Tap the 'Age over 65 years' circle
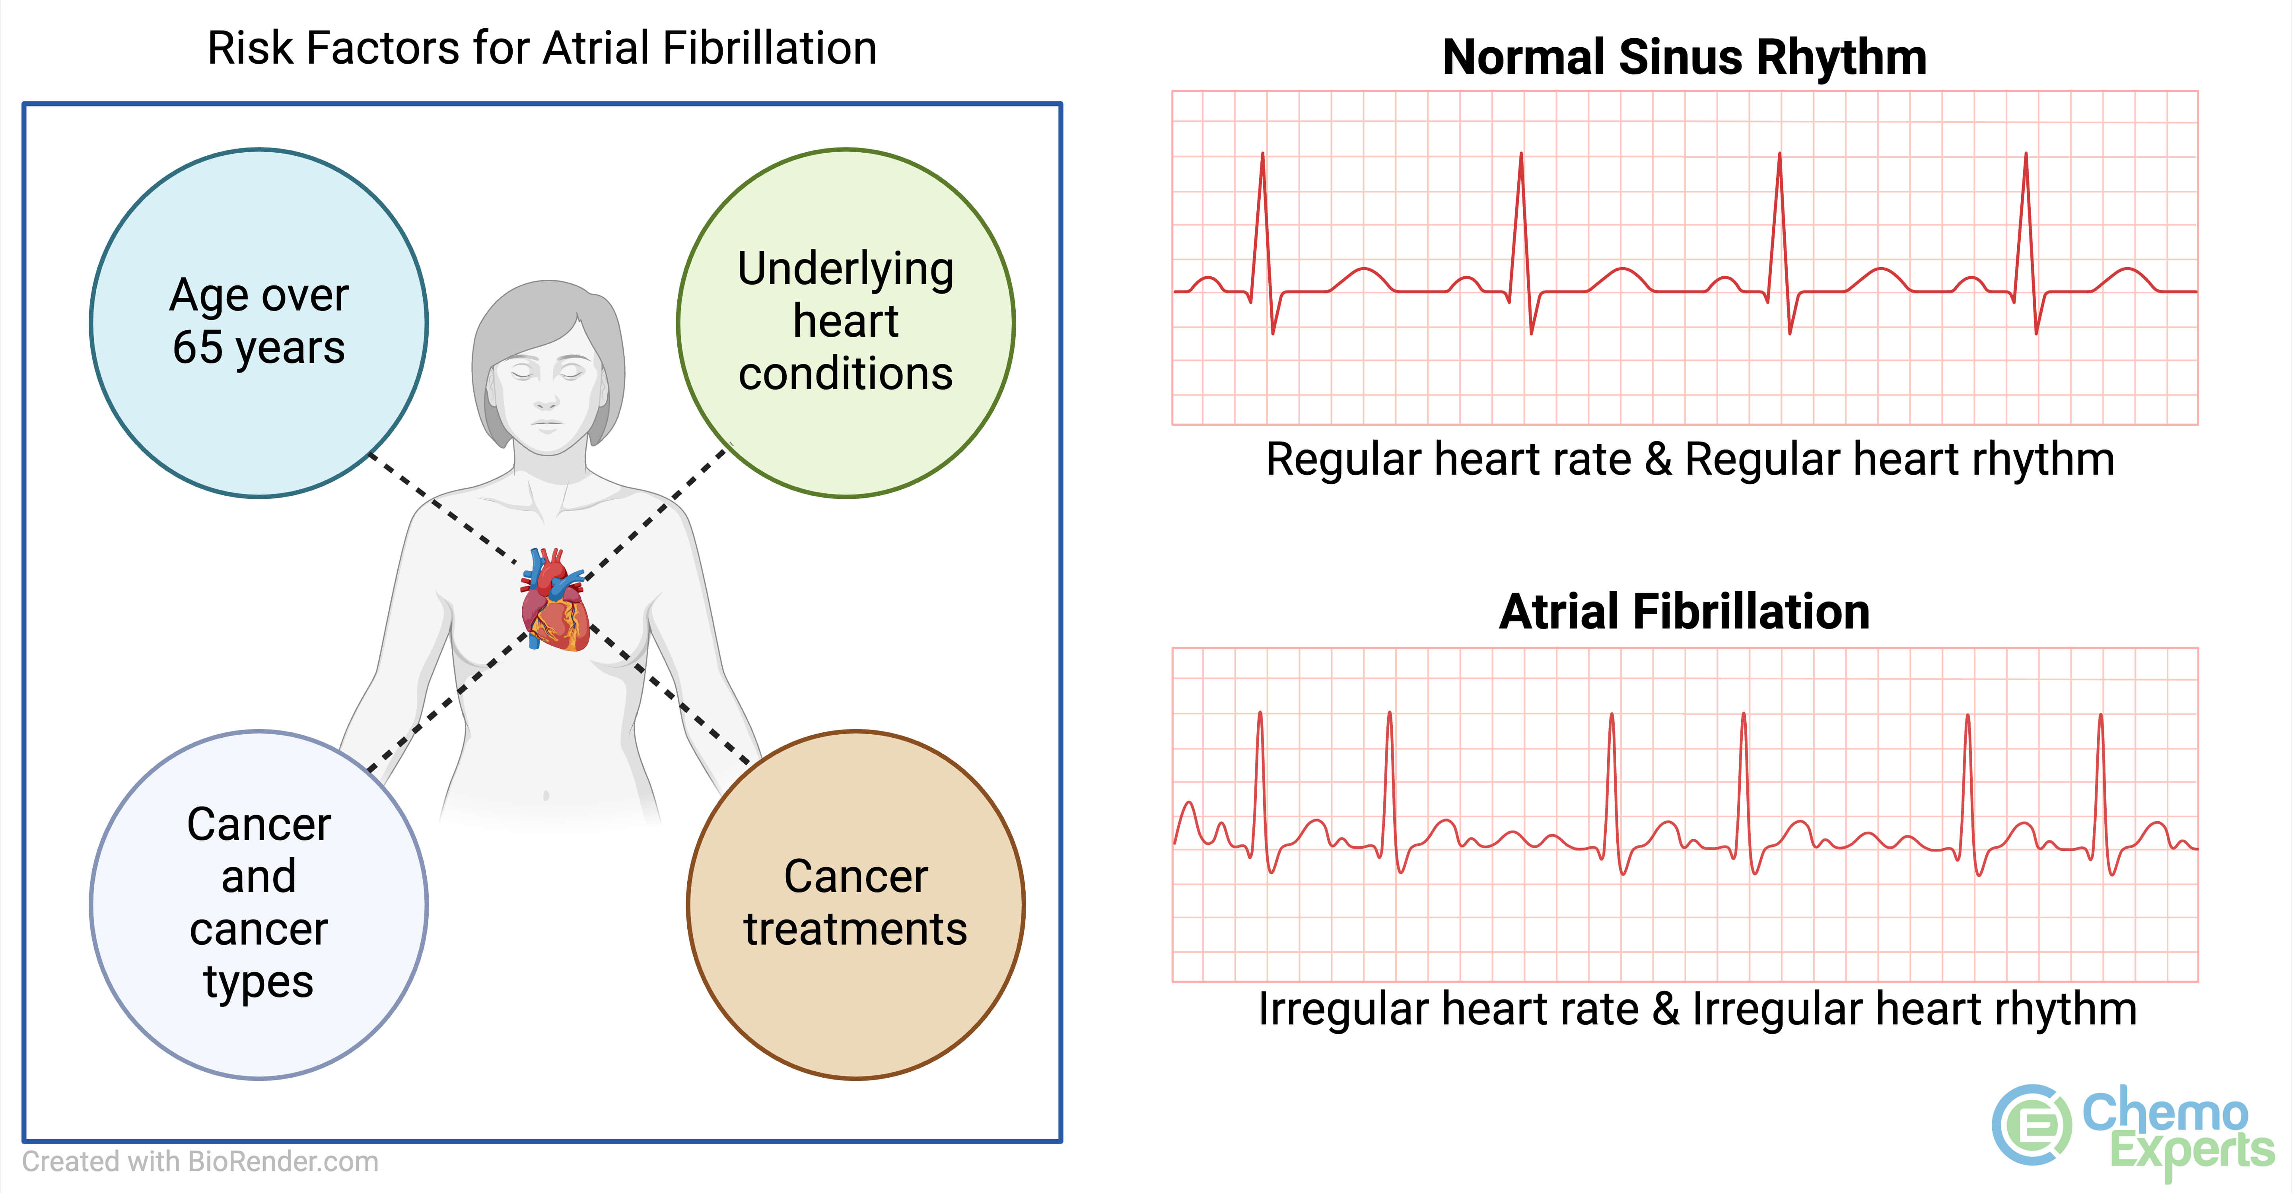point(259,322)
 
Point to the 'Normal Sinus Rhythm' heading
point(1684,58)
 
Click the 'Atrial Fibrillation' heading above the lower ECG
point(1684,612)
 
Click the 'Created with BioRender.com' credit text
point(200,1162)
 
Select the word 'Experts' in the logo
point(2191,1152)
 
